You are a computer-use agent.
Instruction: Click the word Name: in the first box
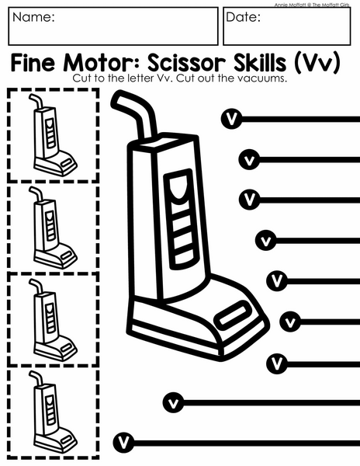pyautogui.click(x=33, y=17)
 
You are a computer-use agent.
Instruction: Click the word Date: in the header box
pyautogui.click(x=243, y=17)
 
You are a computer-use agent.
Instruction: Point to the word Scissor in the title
pyautogui.click(x=187, y=63)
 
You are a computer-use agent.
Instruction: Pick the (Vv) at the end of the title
pyautogui.click(x=317, y=63)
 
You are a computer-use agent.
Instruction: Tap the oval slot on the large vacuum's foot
pyautogui.click(x=234, y=316)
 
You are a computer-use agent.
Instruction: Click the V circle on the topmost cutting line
pyautogui.click(x=231, y=119)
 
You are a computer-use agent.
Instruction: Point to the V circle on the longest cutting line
pyautogui.click(x=123, y=443)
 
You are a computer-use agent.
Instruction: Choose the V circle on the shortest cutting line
pyautogui.click(x=290, y=322)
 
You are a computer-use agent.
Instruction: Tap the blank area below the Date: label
pyautogui.click(x=286, y=33)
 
